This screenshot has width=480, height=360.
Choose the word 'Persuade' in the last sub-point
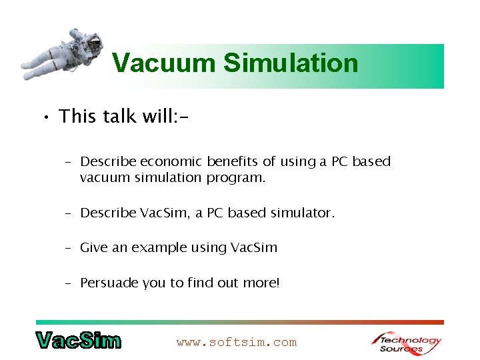pos(109,283)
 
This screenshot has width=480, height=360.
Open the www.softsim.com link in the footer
pos(237,343)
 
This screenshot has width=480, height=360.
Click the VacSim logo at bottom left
pos(79,341)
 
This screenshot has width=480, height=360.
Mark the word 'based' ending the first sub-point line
pos(371,162)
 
